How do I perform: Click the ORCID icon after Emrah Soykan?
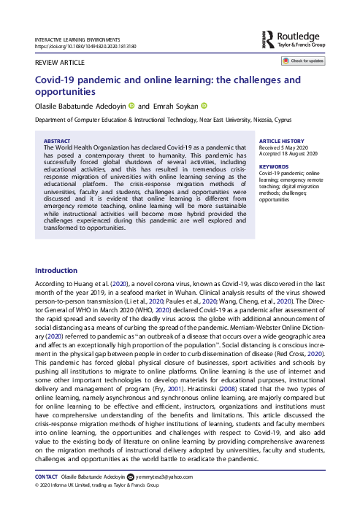(x=204, y=106)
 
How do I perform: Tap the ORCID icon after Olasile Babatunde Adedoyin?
(x=131, y=106)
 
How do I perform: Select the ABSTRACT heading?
(x=58, y=140)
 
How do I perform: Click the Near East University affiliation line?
(x=155, y=118)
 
